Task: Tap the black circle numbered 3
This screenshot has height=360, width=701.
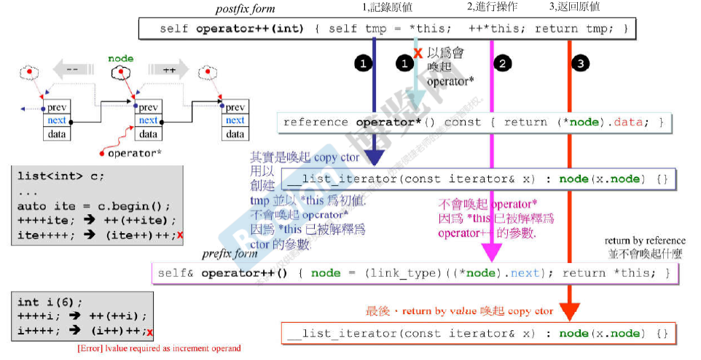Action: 579,63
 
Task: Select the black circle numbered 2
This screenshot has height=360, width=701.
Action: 501,63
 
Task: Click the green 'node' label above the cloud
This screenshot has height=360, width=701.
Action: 120,58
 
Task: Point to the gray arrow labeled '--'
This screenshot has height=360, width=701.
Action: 72,71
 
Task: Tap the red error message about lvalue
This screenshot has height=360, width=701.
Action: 159,348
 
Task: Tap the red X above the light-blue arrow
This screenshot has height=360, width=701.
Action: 418,53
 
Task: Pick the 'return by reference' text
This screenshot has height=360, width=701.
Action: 645,240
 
